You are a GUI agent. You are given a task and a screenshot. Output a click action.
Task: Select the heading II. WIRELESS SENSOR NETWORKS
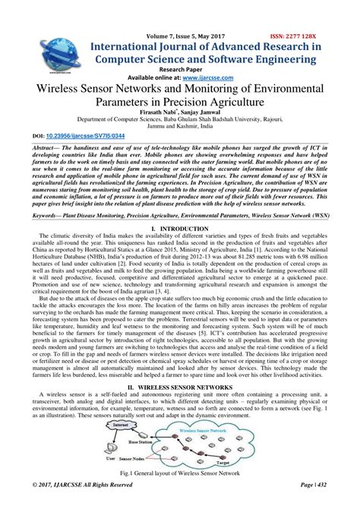[180, 387]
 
